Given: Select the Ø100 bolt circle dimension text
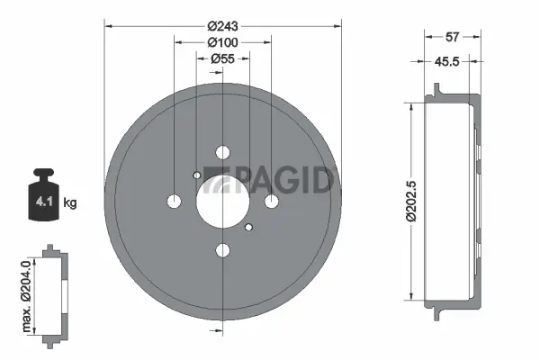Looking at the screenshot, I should (221, 41).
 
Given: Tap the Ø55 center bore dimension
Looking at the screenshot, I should (221, 58).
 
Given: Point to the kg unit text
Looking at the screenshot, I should (70, 202).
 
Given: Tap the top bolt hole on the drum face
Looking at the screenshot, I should (222, 152).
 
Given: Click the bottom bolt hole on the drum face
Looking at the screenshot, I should (222, 249).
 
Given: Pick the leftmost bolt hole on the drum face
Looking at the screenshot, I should (175, 201).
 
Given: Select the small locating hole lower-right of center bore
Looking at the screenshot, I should (248, 227).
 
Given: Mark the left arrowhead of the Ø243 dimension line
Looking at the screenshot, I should (108, 25).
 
